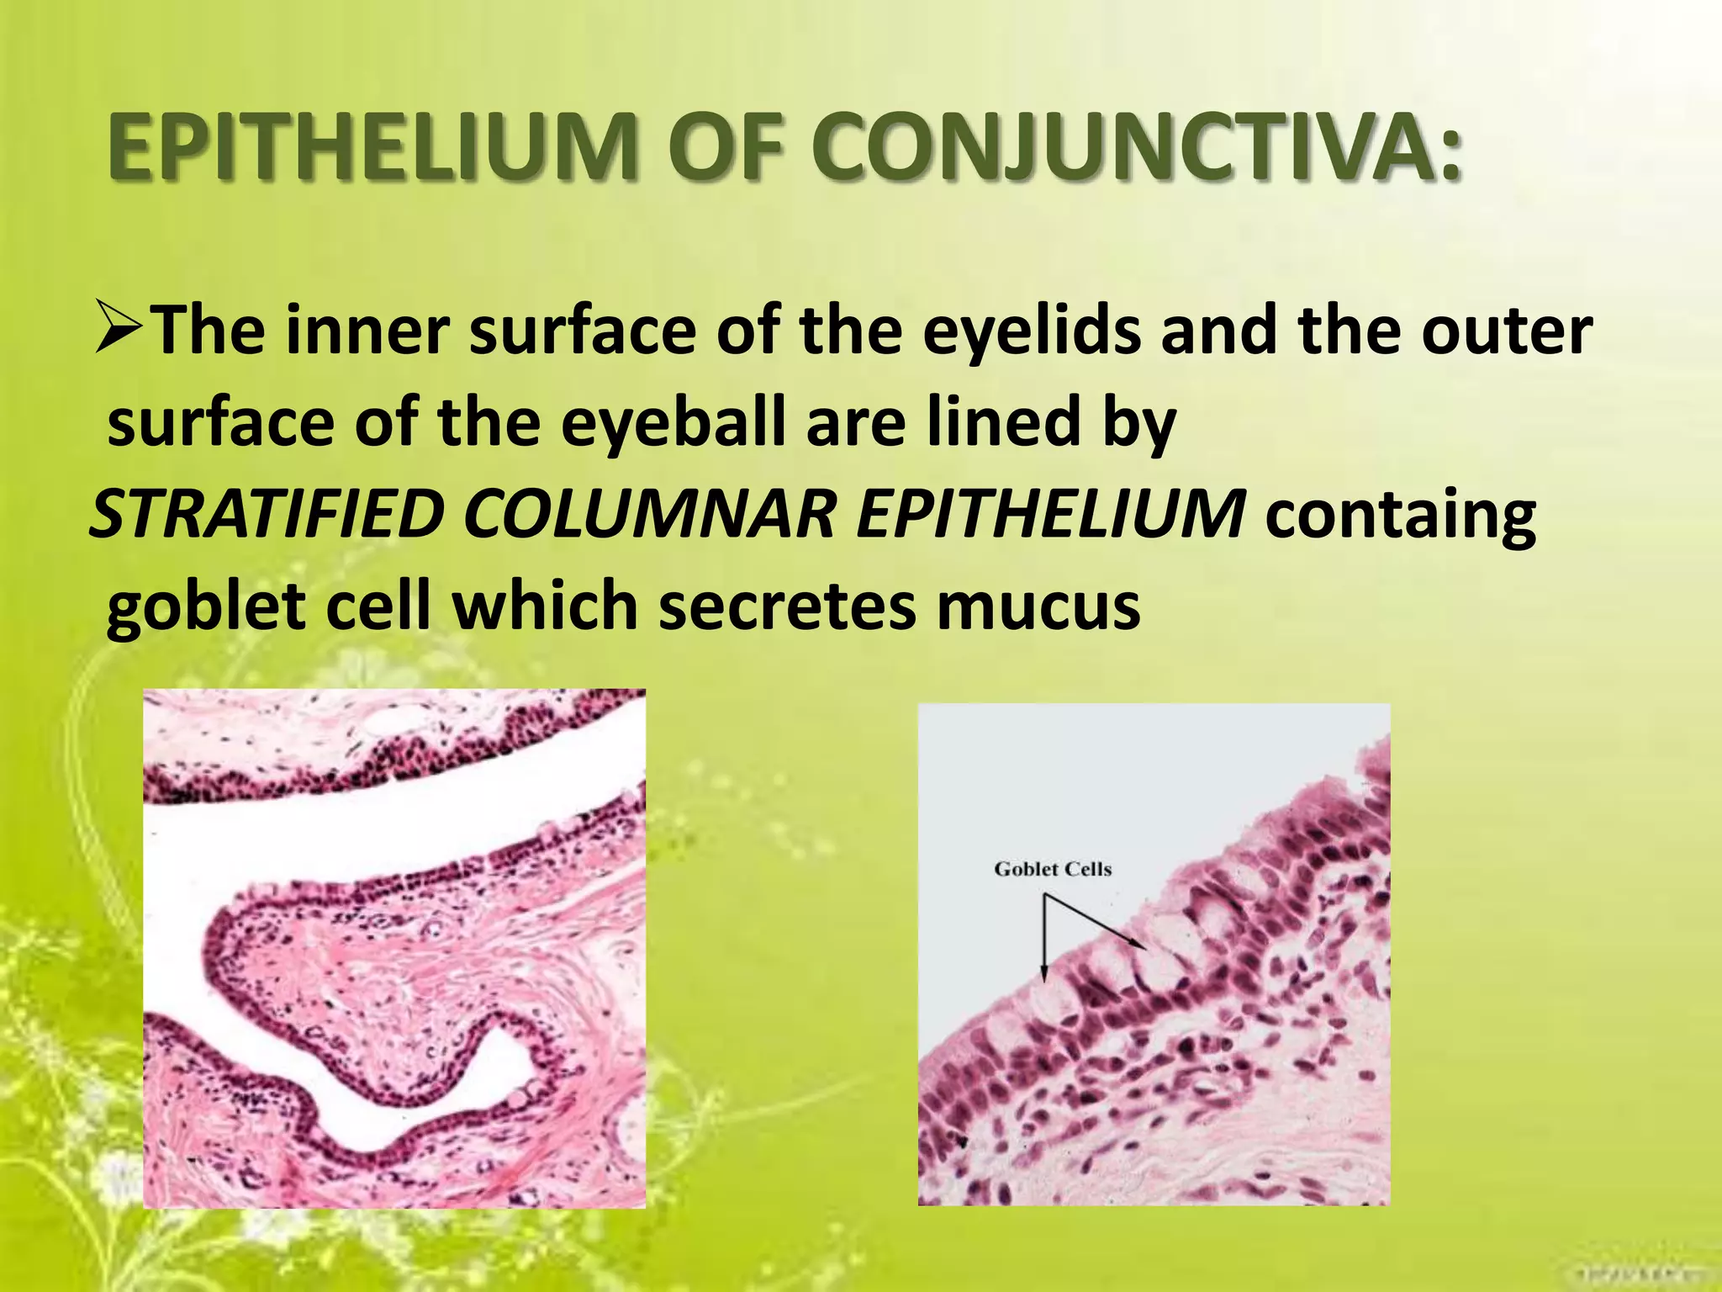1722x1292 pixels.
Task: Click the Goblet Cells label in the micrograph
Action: (x=1053, y=869)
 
